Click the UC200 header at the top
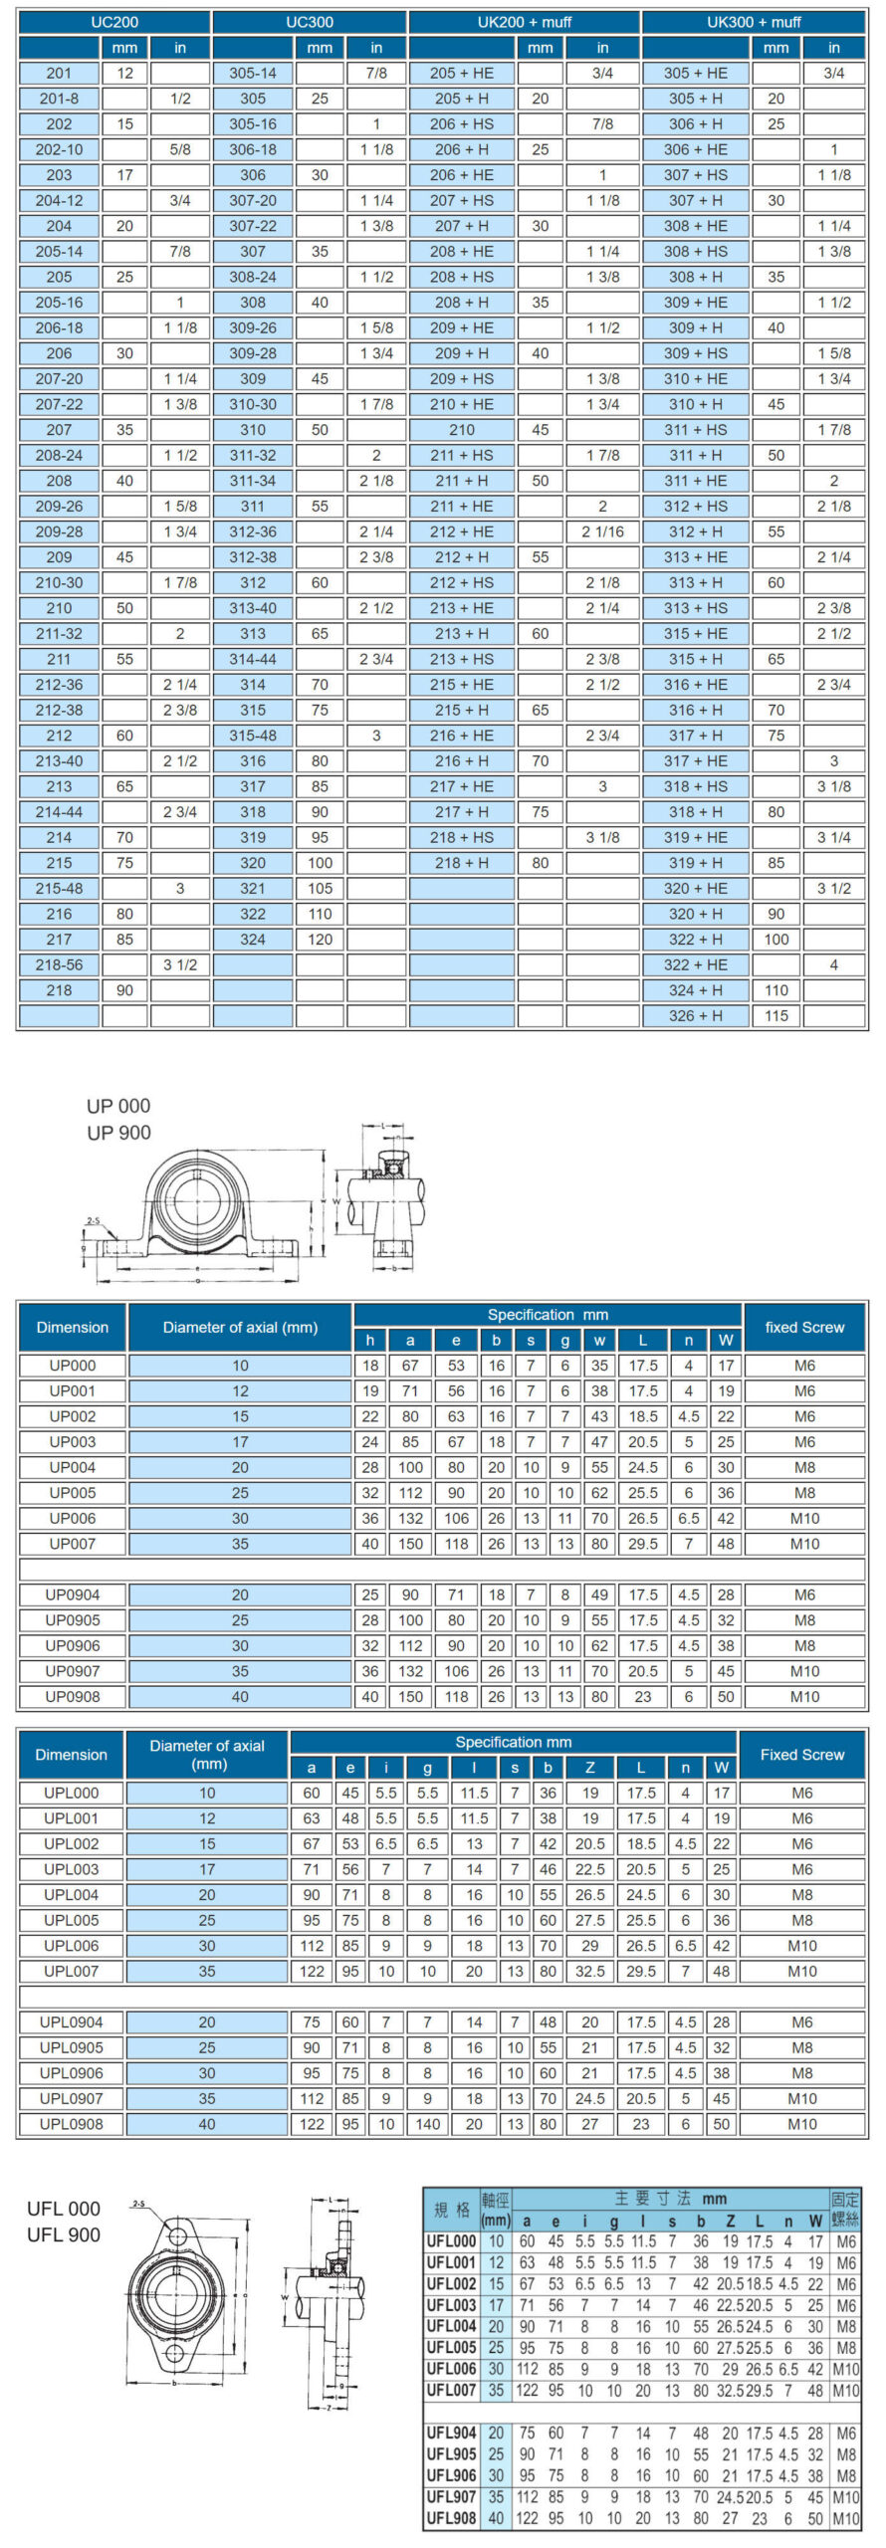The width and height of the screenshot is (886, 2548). pyautogui.click(x=114, y=21)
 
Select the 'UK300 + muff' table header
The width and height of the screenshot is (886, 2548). pyautogui.click(x=754, y=21)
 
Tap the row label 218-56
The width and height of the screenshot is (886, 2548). pyautogui.click(x=59, y=964)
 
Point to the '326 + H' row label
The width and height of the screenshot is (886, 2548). pyautogui.click(x=696, y=1015)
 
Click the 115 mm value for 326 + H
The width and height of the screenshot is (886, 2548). pyautogui.click(x=776, y=1015)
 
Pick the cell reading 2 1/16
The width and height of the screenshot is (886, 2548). pyautogui.click(x=602, y=531)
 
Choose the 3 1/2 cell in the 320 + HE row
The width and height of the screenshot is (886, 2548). pyautogui.click(x=834, y=888)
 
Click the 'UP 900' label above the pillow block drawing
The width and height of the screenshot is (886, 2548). pyautogui.click(x=118, y=1133)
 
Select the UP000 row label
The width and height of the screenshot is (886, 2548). pyautogui.click(x=73, y=1366)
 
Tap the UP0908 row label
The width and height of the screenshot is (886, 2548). pyautogui.click(x=73, y=1696)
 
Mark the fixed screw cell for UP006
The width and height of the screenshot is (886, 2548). pyautogui.click(x=804, y=1518)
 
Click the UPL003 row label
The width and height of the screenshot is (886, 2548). pyautogui.click(x=72, y=1869)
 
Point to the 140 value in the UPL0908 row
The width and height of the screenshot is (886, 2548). pyautogui.click(x=427, y=2123)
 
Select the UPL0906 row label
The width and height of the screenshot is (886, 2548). pyautogui.click(x=72, y=2072)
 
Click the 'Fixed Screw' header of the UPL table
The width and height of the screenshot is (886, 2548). pyautogui.click(x=801, y=1754)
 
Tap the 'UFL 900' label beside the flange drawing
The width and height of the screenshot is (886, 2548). pyautogui.click(x=64, y=2234)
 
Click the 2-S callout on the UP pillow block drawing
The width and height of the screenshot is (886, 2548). pyautogui.click(x=93, y=1220)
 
